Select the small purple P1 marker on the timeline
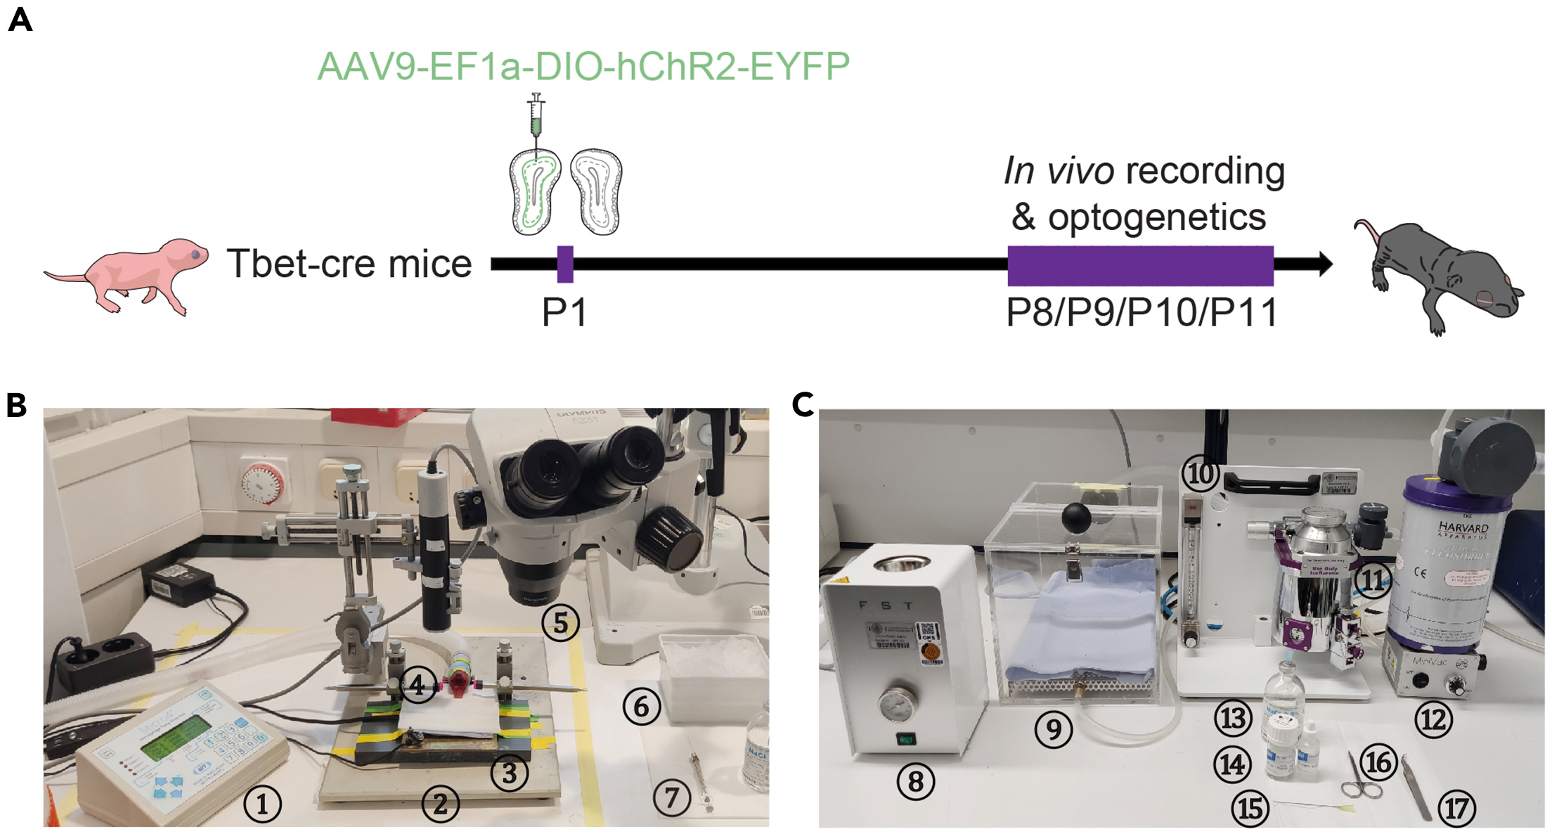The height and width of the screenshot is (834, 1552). pos(565,264)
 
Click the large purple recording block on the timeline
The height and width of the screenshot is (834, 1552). pos(1140,266)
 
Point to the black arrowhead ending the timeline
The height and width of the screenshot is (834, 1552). pos(1325,264)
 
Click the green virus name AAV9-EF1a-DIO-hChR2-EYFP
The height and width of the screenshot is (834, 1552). pos(583,67)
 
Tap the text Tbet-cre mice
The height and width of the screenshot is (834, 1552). pos(349,264)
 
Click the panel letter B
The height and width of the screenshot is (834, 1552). pos(16,406)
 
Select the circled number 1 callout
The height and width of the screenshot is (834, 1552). pos(262,804)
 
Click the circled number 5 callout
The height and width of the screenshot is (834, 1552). pos(560,622)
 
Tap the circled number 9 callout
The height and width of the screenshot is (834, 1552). pos(1053,729)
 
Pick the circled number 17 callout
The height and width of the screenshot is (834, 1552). pos(1456,809)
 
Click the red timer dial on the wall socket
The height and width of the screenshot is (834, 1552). pos(263,485)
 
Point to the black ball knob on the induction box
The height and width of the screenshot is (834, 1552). pos(1076,518)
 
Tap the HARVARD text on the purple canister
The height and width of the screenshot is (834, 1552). pos(1463,527)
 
